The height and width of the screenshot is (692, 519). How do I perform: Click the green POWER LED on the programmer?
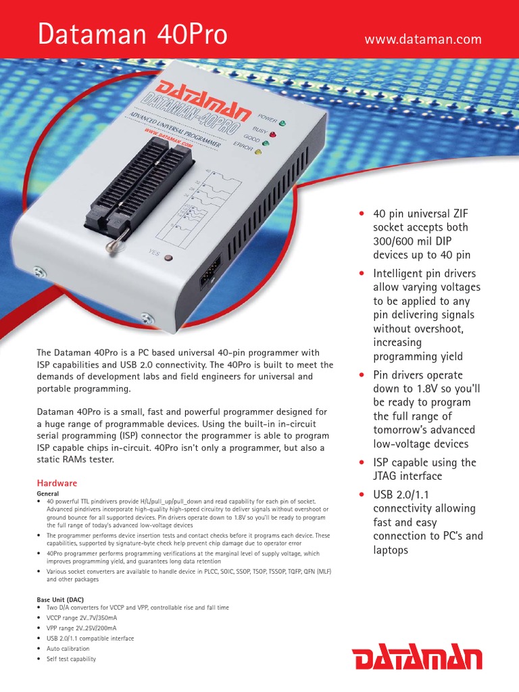(282, 124)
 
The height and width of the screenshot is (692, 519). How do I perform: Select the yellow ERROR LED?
(257, 153)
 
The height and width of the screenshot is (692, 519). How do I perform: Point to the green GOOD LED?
(266, 143)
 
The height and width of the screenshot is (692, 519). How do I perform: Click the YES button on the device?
(168, 258)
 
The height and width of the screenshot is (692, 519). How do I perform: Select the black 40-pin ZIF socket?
(139, 183)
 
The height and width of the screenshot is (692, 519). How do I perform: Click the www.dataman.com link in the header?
(423, 39)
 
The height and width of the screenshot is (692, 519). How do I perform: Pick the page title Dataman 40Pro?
(132, 35)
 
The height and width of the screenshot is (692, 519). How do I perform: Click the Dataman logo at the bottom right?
(418, 658)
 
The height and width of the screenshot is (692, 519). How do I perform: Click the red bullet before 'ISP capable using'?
(362, 463)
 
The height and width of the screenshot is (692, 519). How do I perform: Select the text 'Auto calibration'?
(68, 649)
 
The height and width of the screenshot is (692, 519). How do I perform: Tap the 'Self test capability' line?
(71, 659)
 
